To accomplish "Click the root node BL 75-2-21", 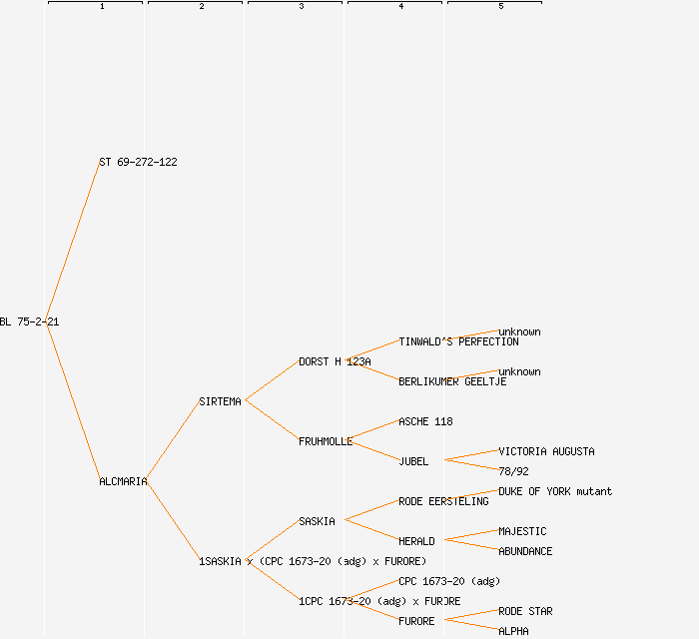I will tap(29, 321).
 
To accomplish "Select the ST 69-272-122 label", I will tap(138, 162).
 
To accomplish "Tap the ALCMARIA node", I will tap(123, 481).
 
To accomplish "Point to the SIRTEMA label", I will tap(220, 401).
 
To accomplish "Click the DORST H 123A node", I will tap(335, 361).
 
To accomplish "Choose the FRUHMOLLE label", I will tap(326, 441).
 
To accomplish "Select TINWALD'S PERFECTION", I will tap(458, 341).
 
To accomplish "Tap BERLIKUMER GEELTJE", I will tap(452, 381).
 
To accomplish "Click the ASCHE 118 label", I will tap(425, 421).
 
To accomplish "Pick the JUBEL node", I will tap(413, 461).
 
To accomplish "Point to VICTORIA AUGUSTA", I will tap(546, 451).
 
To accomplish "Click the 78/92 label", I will tap(513, 471).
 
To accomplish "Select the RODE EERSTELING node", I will tap(443, 501).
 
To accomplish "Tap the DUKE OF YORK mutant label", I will tap(555, 491).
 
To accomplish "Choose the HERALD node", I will tap(416, 541).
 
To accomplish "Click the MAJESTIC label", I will tap(522, 531).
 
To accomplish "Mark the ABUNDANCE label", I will tap(525, 551).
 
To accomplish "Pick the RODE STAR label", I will tap(525, 611).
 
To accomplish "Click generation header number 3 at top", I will tap(301, 7).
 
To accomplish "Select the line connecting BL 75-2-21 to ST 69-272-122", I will tap(72, 242).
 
